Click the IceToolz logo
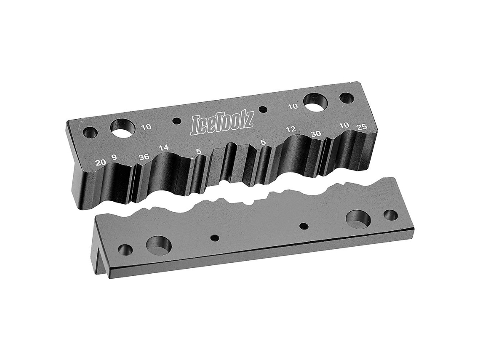(x=222, y=124)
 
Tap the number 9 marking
(x=114, y=158)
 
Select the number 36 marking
(x=144, y=157)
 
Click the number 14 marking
(x=164, y=148)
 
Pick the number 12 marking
(x=291, y=129)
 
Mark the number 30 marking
(x=316, y=134)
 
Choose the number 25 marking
(x=362, y=127)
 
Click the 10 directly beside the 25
(x=345, y=125)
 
